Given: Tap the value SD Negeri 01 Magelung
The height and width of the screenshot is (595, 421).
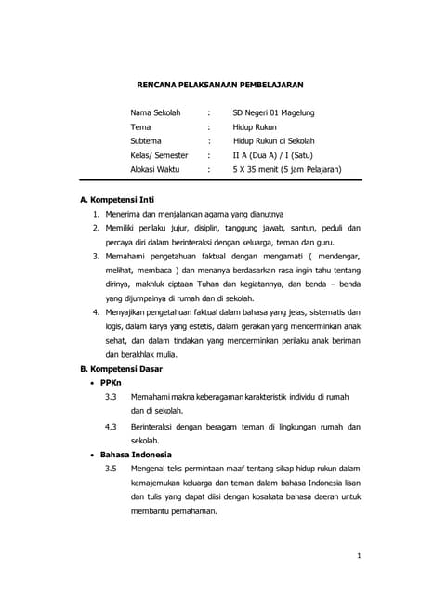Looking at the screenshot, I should point(273,113).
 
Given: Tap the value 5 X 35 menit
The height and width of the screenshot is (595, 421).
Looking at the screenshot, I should point(261,169).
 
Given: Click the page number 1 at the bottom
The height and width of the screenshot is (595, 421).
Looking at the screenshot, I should point(358,556).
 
